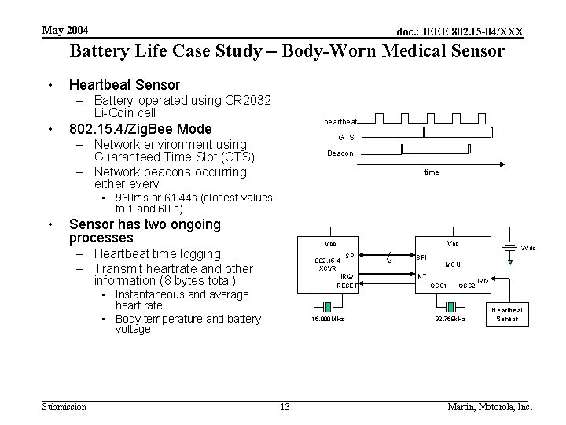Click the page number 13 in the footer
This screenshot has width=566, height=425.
coord(285,407)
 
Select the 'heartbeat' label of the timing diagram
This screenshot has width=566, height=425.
coord(340,122)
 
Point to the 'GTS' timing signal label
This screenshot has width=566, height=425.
coord(346,137)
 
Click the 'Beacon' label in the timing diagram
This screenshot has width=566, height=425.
coord(340,153)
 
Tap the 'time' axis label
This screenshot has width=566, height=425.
coord(432,172)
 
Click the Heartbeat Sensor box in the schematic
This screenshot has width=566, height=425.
coord(506,314)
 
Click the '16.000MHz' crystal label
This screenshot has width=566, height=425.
coord(326,319)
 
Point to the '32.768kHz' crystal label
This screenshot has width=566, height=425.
coord(450,319)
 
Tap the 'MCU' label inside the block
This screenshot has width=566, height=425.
coord(454,264)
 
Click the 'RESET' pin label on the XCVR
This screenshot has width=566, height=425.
coord(347,286)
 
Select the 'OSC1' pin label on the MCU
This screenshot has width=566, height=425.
coord(439,286)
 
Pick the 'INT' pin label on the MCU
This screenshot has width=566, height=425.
coord(421,275)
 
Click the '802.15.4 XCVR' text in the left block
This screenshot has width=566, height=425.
coord(326,263)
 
